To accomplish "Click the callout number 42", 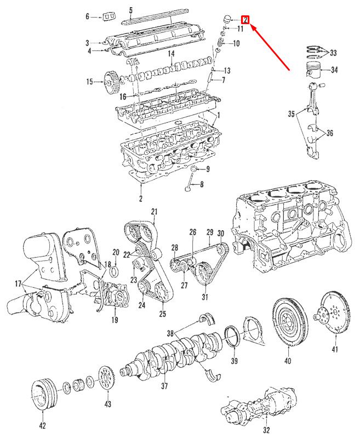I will click(x=42, y=425).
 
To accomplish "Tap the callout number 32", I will click(x=267, y=430).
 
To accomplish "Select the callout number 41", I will click(x=335, y=349).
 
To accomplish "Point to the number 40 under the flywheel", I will click(x=288, y=361).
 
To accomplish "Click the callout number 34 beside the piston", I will click(x=334, y=70).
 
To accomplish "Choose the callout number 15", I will click(x=89, y=82).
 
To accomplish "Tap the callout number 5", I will click(x=131, y=10).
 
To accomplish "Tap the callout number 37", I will click(x=164, y=385).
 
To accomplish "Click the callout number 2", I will click(x=141, y=198).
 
